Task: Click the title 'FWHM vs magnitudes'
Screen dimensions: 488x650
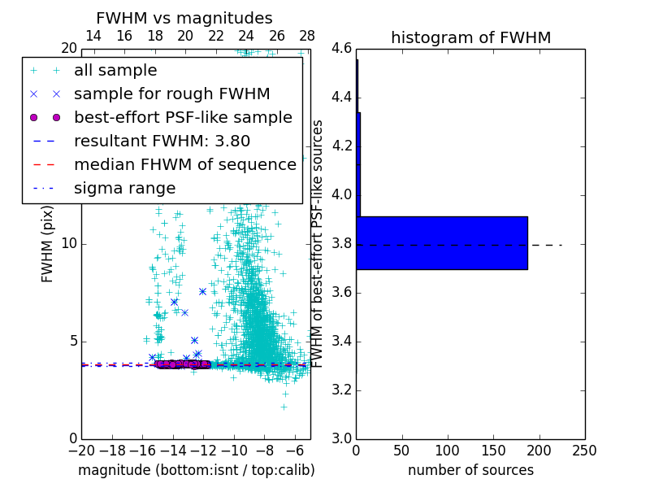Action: pos(184,19)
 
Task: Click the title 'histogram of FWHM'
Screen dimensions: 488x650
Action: pos(470,37)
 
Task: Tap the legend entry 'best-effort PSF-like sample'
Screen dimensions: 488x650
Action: pos(183,118)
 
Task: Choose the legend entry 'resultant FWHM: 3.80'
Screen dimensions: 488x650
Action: pos(162,142)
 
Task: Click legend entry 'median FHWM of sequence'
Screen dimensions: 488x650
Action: pos(184,165)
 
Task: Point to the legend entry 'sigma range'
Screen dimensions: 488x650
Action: pos(124,189)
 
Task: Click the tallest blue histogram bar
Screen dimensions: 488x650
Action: pos(442,242)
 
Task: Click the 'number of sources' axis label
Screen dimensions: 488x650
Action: pos(470,470)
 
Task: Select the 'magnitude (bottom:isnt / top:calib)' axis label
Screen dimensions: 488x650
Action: pos(196,470)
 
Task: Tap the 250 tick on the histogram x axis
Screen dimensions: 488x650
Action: pos(584,451)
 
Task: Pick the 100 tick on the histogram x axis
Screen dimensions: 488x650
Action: pos(448,451)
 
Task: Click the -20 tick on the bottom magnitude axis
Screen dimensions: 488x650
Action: pos(81,451)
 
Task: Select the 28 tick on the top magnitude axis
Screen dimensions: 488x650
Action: pos(307,36)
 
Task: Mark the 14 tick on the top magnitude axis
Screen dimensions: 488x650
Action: pos(93,36)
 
